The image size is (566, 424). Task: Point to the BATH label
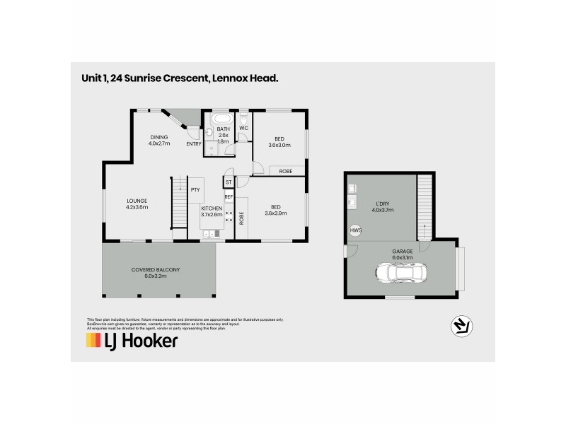224,129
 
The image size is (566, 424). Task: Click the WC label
243,128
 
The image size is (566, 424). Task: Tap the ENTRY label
193,144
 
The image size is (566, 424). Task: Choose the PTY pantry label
195,189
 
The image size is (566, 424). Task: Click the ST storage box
229,183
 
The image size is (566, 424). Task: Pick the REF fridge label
229,197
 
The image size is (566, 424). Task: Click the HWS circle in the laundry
354,230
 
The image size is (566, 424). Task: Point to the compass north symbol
461,325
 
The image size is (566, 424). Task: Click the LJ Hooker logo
132,341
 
